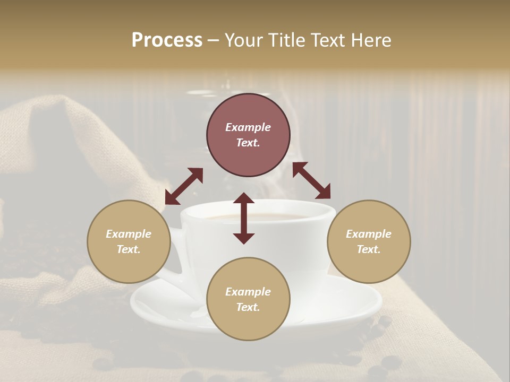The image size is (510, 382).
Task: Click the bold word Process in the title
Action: (167, 40)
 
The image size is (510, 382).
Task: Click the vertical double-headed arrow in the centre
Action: (244, 218)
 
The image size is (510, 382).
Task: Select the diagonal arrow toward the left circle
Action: (184, 186)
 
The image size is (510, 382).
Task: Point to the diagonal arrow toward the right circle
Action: (311, 180)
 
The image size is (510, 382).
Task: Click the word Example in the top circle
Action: (248, 127)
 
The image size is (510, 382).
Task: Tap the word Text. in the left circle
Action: (129, 249)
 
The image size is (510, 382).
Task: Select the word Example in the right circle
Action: (369, 234)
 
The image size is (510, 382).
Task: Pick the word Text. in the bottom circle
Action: (248, 307)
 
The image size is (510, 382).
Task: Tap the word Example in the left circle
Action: (129, 234)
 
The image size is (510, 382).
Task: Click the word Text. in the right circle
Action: (369, 249)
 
